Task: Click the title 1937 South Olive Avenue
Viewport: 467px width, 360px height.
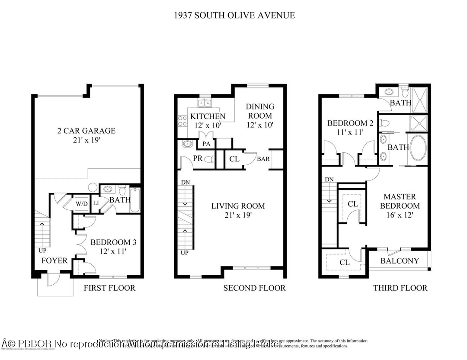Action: pos(233,15)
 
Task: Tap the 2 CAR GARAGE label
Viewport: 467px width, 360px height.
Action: pos(86,131)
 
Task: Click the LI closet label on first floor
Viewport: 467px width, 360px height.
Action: pos(96,202)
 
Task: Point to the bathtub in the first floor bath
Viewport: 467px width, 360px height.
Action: pos(134,201)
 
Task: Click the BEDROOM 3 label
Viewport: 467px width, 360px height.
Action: pos(110,242)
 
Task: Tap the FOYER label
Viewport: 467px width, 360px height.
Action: pos(54,260)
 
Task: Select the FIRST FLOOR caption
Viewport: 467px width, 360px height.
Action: pos(109,288)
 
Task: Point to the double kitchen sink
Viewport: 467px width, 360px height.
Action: pos(205,103)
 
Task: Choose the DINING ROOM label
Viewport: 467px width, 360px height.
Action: pos(260,111)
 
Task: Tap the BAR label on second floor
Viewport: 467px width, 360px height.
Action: pos(263,159)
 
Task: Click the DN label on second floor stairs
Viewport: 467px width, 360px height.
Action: pos(185,183)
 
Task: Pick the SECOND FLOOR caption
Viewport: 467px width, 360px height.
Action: pos(254,288)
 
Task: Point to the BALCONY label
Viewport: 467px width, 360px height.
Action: pos(400,260)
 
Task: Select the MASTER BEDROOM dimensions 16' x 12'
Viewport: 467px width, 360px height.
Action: pos(396,215)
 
